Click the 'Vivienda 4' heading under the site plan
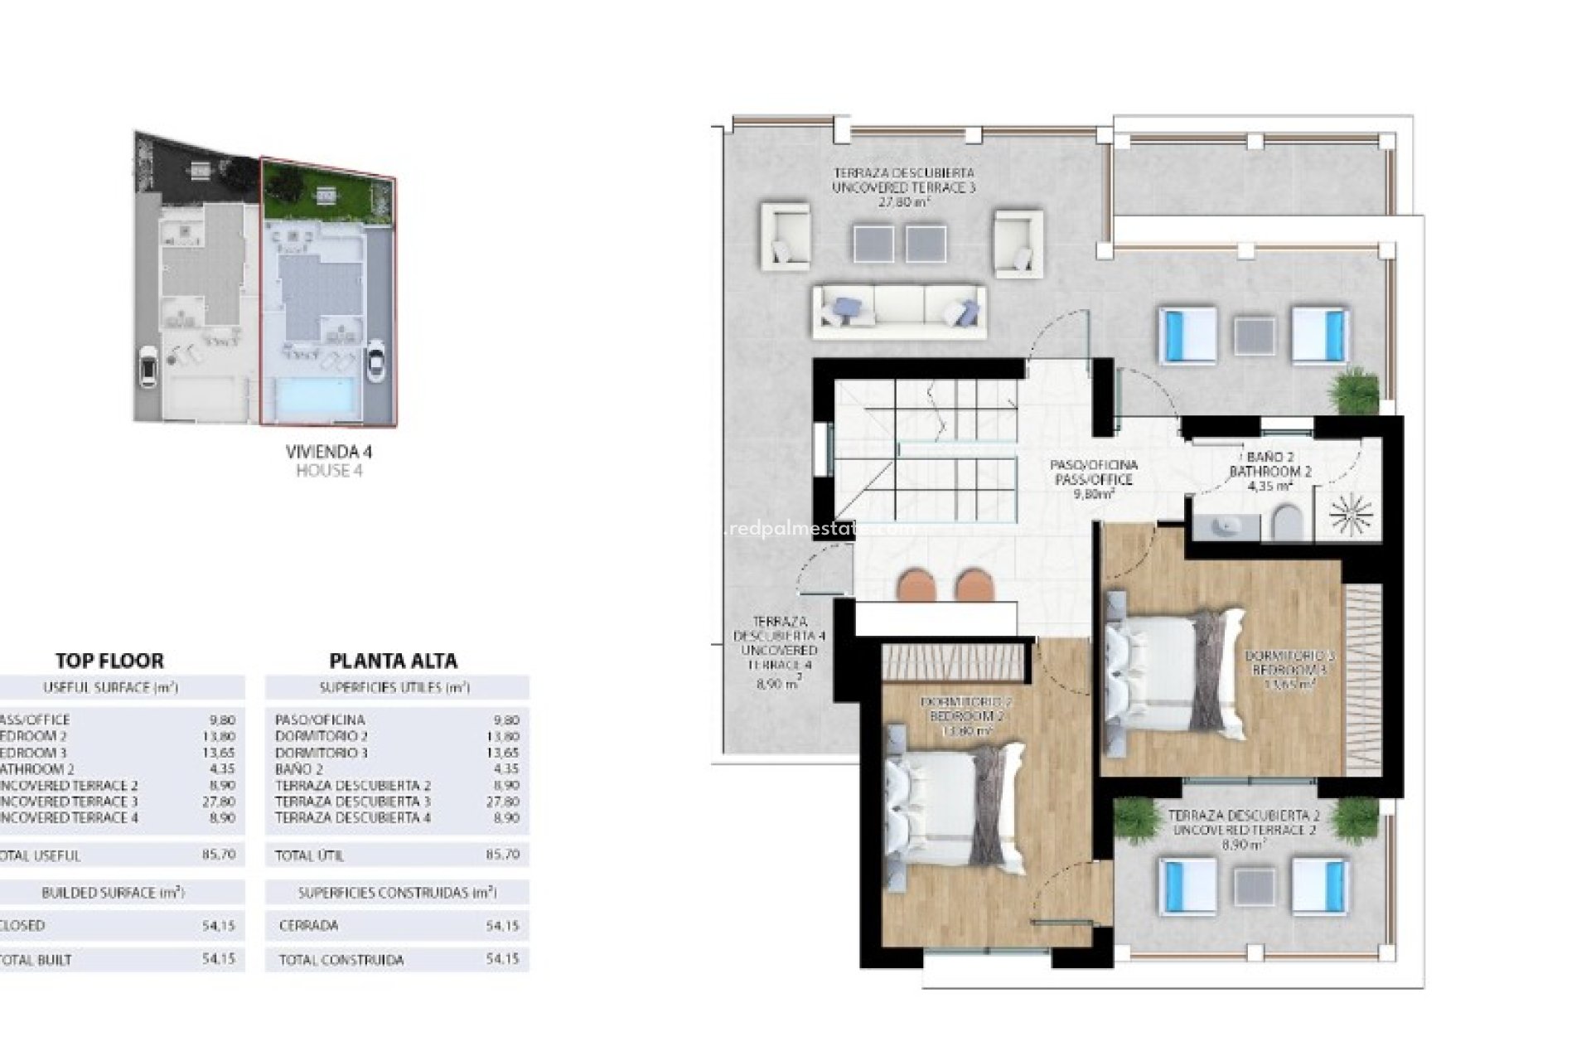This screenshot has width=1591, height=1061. point(329,452)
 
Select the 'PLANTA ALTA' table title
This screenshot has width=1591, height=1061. point(393,661)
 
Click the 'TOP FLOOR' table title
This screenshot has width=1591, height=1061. point(109,661)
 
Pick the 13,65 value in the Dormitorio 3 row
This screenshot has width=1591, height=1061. point(502,753)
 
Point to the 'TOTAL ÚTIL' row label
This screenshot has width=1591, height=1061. point(309,855)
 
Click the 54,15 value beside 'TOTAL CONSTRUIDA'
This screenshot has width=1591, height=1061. point(502,959)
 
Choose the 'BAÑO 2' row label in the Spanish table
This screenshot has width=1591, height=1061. point(299,769)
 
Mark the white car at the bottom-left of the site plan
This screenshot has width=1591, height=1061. point(148,366)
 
